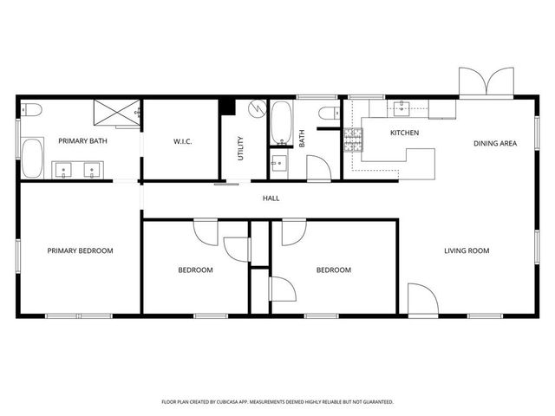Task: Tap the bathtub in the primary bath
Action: tap(33, 159)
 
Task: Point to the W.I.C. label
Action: tap(181, 141)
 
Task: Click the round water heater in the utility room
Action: tap(255, 109)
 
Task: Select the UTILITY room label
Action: tap(240, 148)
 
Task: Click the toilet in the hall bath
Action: tap(328, 113)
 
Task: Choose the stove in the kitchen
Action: tap(354, 141)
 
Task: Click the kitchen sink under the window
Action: tap(402, 109)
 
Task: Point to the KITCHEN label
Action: tap(404, 133)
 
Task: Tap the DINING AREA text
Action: tap(494, 143)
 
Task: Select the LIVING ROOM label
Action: tap(467, 251)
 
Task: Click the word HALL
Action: tap(271, 198)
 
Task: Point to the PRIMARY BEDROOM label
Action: tap(80, 251)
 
